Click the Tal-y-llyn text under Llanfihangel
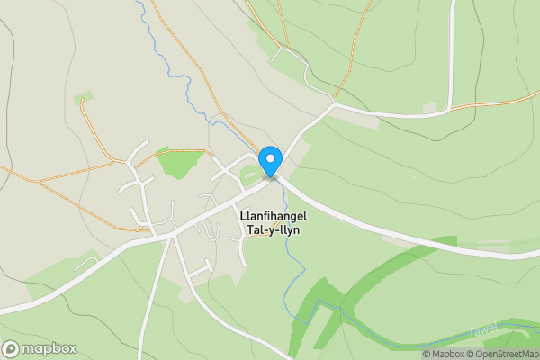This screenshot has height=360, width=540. (x=271, y=230)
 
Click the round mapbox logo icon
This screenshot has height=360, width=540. (x=12, y=348)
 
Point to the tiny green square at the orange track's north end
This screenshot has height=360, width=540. (x=84, y=95)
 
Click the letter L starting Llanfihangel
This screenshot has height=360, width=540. (x=243, y=216)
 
